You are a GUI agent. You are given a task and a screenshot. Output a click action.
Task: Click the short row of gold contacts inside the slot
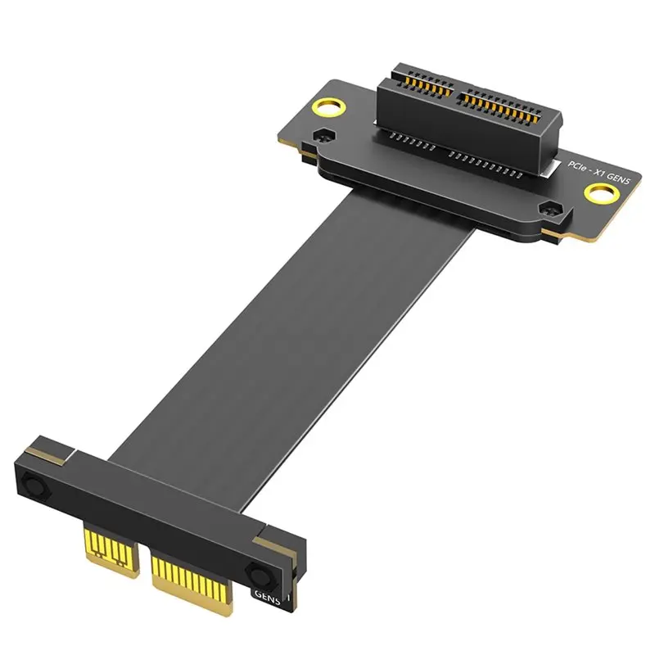coord(422,82)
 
